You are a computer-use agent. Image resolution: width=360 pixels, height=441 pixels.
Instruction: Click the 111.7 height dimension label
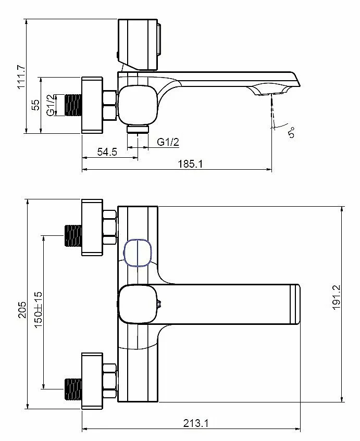[22, 77]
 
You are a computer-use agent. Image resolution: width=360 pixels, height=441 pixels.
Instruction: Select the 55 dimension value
[36, 105]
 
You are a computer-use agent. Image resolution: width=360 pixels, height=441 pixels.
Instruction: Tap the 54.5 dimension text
[107, 152]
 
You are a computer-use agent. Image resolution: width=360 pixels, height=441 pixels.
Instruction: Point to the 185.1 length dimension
[190, 163]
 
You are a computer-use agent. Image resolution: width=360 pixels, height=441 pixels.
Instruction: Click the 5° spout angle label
[291, 132]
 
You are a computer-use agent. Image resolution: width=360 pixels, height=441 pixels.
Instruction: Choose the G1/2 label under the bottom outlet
[168, 142]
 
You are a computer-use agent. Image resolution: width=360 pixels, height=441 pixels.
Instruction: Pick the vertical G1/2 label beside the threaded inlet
[51, 105]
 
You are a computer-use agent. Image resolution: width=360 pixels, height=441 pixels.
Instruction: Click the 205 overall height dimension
[22, 310]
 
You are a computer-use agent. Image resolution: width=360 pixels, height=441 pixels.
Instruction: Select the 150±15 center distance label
[38, 310]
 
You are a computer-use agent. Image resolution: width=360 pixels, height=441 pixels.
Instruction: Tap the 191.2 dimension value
[337, 297]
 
